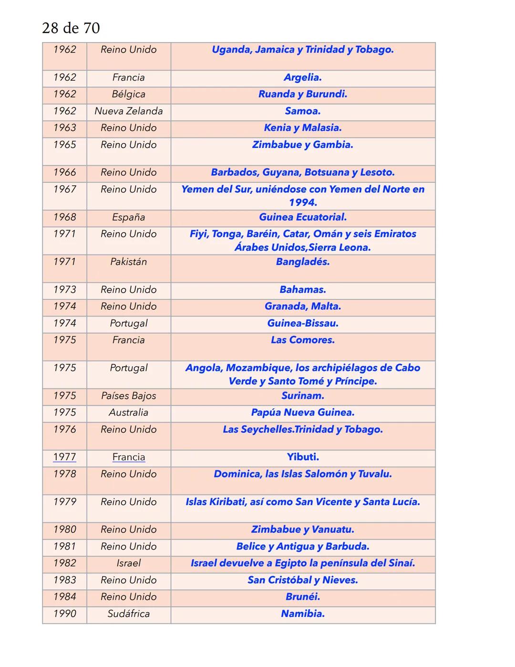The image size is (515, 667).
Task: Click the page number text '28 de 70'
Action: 71,28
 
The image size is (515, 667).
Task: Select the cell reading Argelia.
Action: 303,77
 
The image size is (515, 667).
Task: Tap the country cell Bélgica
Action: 128,94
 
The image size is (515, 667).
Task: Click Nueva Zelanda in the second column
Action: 128,111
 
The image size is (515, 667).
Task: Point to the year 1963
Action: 64,127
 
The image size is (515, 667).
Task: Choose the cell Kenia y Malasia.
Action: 303,127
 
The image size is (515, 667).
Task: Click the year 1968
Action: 64,217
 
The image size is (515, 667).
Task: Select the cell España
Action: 128,217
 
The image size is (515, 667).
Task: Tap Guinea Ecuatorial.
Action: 303,217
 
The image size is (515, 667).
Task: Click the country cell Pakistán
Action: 128,262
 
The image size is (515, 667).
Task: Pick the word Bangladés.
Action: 303,262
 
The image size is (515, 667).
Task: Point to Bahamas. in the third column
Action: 303,289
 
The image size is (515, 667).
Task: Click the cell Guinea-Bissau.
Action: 303,323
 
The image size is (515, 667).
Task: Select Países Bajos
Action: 128,396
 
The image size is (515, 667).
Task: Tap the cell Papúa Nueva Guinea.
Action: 303,413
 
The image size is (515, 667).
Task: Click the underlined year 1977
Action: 64,457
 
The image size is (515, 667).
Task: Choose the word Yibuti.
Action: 303,457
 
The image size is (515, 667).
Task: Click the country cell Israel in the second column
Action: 128,563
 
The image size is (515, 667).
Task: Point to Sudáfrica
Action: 128,614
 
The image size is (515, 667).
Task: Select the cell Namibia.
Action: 303,614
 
